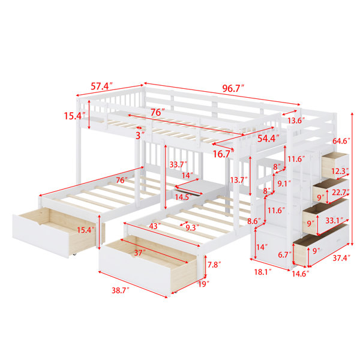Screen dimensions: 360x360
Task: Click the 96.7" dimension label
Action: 233,88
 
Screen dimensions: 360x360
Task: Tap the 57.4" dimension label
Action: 102,86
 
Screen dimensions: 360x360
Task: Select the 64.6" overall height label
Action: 341,141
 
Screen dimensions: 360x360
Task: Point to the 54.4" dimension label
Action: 268,139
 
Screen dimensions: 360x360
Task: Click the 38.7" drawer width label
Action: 121,290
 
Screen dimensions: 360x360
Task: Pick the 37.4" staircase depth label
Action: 341,258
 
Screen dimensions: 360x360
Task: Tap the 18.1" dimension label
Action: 263,272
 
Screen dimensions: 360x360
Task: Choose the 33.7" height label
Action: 178,164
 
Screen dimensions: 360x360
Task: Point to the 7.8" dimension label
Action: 214,265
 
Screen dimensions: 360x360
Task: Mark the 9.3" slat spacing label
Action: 193,227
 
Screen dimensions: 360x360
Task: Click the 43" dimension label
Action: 155,226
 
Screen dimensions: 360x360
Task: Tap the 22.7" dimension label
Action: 341,192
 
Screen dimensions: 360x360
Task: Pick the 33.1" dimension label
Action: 335,221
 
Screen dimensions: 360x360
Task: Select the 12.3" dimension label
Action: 340,171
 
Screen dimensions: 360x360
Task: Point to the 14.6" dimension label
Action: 301,274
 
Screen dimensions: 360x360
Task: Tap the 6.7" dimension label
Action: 285,254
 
